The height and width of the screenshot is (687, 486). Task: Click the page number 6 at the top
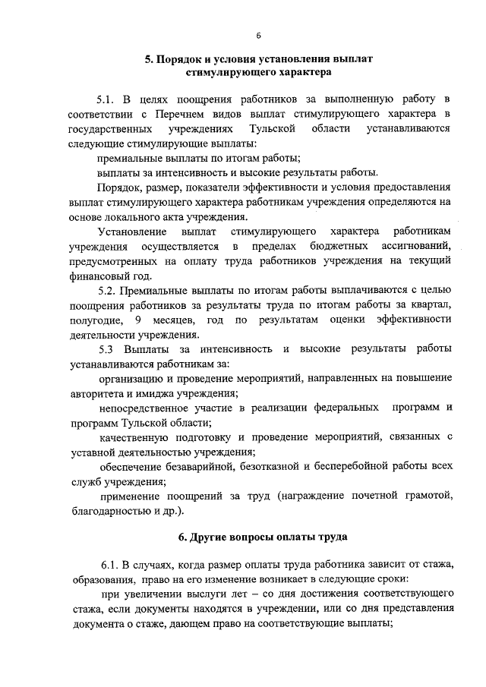tap(258, 36)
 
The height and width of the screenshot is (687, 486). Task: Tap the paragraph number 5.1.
tap(107, 99)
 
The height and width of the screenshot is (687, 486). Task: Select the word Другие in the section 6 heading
tap(209, 538)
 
